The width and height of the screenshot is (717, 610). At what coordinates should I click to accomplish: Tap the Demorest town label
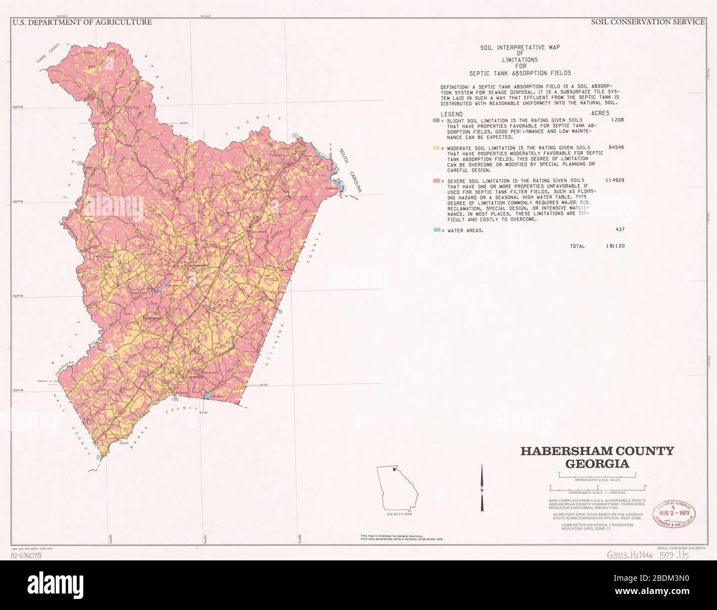(153, 319)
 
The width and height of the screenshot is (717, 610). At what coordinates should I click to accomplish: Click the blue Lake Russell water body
(207, 395)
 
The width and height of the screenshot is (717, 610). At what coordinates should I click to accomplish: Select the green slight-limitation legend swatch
(436, 119)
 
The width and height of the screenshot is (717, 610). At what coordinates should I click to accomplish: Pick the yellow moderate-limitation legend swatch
(436, 148)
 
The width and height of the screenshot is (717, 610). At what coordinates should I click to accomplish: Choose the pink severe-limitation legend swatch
(436, 180)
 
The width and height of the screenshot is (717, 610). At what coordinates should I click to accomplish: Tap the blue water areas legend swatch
(436, 230)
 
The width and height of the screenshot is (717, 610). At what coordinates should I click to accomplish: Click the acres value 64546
(615, 148)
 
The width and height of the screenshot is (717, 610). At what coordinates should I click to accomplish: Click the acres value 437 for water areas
(620, 230)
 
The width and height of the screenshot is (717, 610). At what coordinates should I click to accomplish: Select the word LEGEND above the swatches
(451, 113)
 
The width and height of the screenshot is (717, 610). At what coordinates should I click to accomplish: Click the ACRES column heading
(600, 113)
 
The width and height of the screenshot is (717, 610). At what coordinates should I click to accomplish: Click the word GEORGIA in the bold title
(597, 463)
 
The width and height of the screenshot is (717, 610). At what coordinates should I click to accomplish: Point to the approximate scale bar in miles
(597, 474)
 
